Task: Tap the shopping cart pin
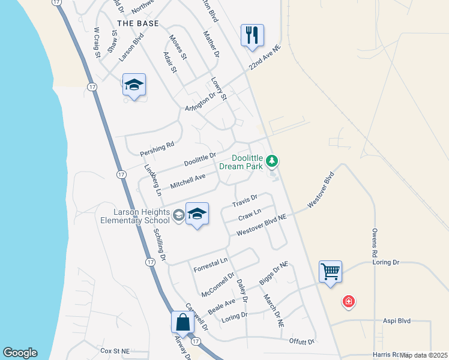(330, 272)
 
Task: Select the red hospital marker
(348, 301)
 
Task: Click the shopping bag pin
(182, 322)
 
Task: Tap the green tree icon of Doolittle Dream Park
(273, 161)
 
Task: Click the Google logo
(20, 353)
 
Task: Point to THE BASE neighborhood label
(138, 23)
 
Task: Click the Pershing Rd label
(157, 146)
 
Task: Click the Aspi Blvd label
(397, 321)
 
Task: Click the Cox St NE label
(115, 350)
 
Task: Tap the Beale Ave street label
(221, 305)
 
